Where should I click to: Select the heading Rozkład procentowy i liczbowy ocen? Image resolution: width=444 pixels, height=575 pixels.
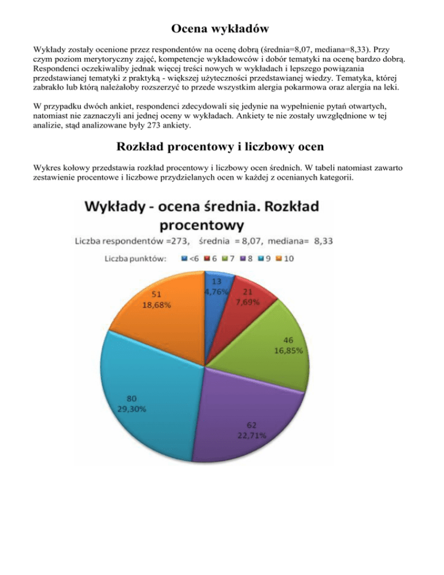click(x=222, y=148)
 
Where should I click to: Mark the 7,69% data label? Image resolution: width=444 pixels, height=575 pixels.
click(x=247, y=302)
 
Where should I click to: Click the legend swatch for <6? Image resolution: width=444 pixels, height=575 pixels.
click(x=184, y=259)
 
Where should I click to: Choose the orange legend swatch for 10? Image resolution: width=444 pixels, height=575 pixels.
click(x=280, y=259)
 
